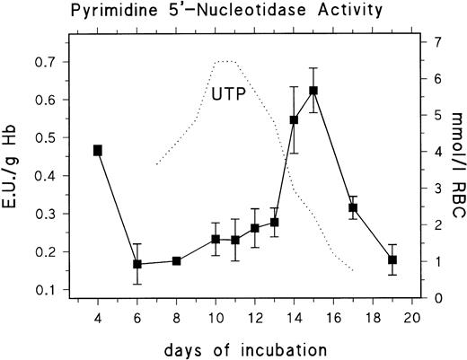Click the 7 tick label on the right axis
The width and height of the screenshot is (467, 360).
[434, 42]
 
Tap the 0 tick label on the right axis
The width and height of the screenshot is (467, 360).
[434, 298]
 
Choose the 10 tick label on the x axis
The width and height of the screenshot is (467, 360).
[216, 318]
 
